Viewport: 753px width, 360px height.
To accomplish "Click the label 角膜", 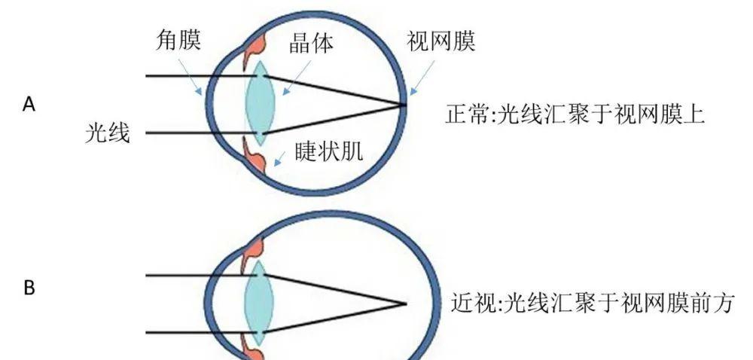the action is coord(178,41).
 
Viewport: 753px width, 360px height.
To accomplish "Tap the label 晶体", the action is coord(311,44).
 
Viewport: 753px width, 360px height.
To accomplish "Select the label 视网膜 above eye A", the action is coord(441,41).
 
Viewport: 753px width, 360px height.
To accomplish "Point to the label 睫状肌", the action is coord(329,153).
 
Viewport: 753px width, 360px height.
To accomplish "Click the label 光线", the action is coord(108,133).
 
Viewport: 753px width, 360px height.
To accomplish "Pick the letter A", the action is coord(29,104).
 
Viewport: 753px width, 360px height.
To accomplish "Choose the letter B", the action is coord(29,288).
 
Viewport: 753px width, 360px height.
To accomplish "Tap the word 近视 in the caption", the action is coord(473,304).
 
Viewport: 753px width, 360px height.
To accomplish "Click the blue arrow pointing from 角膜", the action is coord(190,77).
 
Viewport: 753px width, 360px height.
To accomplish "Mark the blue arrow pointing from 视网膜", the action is coord(422,77).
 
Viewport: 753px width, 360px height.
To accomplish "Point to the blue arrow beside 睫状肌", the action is coord(279,157).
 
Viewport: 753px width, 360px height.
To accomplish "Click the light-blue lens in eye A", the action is coord(260,103).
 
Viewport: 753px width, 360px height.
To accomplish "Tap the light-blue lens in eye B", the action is coord(259,303).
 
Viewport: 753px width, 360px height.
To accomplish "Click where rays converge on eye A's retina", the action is coord(404,104).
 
